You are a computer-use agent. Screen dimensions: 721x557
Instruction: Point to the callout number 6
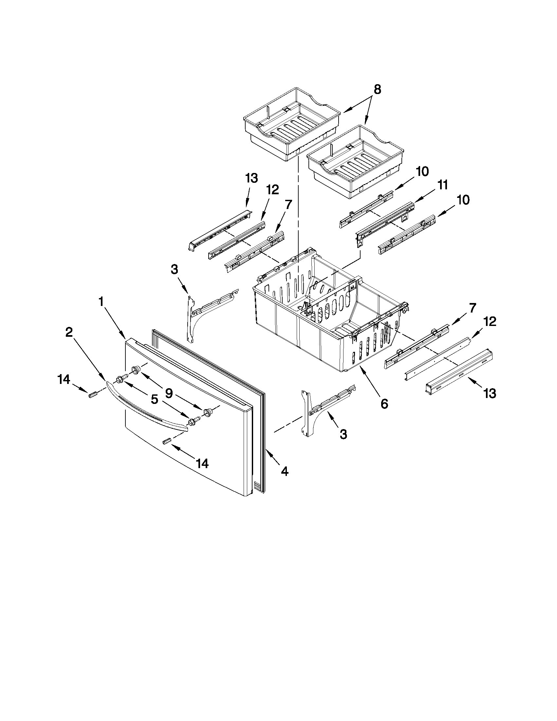pyautogui.click(x=384, y=404)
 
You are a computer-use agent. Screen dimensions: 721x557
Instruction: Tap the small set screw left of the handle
pyautogui.click(x=93, y=394)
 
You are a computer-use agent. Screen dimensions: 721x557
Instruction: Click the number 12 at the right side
pyautogui.click(x=489, y=322)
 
